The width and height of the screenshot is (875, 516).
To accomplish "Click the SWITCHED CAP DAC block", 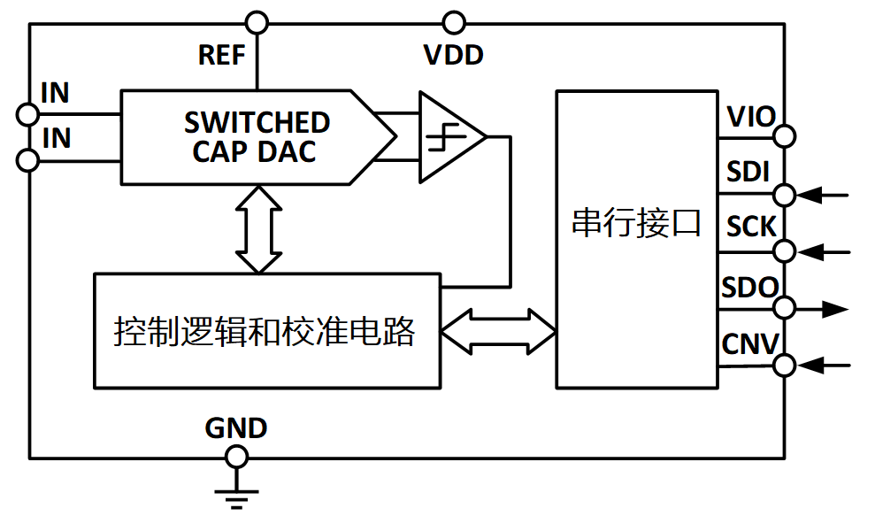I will pyautogui.click(x=257, y=137).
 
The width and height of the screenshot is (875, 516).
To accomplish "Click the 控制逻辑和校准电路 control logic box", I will pyautogui.click(x=266, y=331).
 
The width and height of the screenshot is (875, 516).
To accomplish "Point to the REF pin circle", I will pyautogui.click(x=257, y=21).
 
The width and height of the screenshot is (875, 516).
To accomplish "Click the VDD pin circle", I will pyautogui.click(x=454, y=21).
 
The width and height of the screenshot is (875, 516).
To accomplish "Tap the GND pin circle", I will pyautogui.click(x=236, y=457).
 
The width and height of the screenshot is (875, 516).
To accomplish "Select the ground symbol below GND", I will pyautogui.click(x=236, y=497).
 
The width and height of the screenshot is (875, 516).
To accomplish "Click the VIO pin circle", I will pyautogui.click(x=784, y=136).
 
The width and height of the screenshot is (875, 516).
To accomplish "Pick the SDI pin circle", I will pyautogui.click(x=784, y=194).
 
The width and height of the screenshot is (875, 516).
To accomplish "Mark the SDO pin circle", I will pyautogui.click(x=784, y=308).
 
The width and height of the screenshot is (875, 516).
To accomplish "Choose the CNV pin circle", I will pyautogui.click(x=784, y=365).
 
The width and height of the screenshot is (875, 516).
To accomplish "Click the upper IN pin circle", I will pyautogui.click(x=28, y=114).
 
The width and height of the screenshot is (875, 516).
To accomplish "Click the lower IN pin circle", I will pyautogui.click(x=28, y=160).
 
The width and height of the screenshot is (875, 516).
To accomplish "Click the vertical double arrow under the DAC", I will pyautogui.click(x=258, y=229).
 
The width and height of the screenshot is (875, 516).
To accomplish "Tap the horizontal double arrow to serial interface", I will pyautogui.click(x=497, y=331).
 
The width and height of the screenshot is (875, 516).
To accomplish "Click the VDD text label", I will pyautogui.click(x=454, y=55).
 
